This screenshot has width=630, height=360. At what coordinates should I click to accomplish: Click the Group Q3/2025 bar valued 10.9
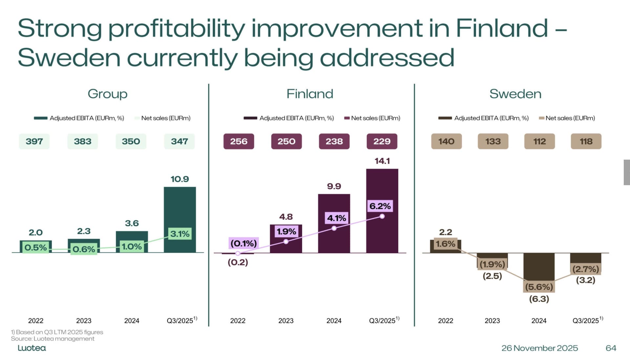(x=180, y=203)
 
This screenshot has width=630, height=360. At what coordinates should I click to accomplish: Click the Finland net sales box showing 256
(x=239, y=141)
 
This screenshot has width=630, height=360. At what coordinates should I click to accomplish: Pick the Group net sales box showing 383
(x=82, y=141)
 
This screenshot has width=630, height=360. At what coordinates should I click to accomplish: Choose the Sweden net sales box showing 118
(x=586, y=141)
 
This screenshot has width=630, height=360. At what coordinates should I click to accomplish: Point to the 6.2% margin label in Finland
(x=380, y=206)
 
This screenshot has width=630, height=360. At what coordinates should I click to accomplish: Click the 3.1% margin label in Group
(x=180, y=234)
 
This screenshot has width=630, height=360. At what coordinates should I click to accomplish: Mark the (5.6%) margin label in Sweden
(x=539, y=287)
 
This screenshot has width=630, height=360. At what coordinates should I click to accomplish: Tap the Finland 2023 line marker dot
(x=286, y=242)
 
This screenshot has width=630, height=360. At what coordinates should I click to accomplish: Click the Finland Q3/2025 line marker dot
(x=382, y=216)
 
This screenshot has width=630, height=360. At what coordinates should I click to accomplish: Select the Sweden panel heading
(x=515, y=94)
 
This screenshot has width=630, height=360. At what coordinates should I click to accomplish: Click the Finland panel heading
(x=310, y=94)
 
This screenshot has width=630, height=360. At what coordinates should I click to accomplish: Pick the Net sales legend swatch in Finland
(x=347, y=118)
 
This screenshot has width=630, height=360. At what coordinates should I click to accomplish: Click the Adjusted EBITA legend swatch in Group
(x=41, y=118)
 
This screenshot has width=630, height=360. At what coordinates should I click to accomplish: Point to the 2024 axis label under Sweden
(x=539, y=321)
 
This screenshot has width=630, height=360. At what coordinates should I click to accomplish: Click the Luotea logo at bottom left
(x=31, y=348)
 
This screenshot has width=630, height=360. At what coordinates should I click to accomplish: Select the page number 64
(x=611, y=348)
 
